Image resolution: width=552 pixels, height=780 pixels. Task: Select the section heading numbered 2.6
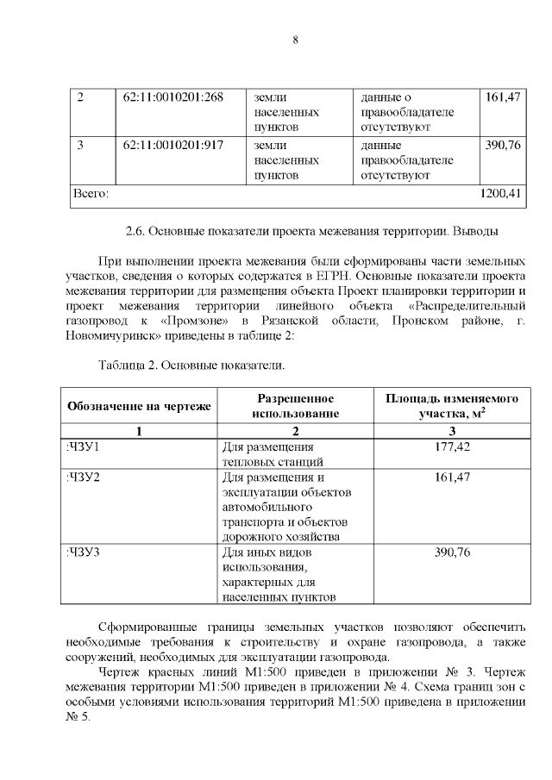(x=312, y=231)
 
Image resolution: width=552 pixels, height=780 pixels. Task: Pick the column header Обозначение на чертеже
(x=138, y=406)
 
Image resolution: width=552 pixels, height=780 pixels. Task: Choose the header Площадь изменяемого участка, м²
(x=450, y=406)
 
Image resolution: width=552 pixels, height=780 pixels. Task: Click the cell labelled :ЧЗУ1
(x=84, y=446)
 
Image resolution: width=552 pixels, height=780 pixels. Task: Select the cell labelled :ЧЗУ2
(x=84, y=477)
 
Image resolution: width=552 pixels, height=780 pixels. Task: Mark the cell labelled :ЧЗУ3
(x=84, y=552)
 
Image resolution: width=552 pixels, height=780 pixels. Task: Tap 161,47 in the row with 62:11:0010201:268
(x=502, y=97)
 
